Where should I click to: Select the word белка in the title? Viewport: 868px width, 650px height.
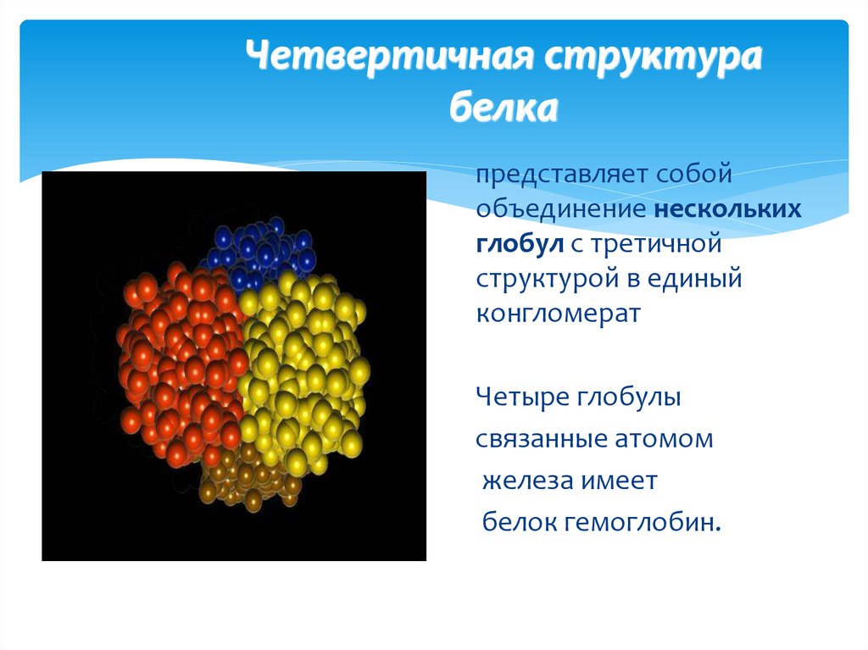tap(503, 108)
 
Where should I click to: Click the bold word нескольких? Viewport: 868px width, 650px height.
tap(726, 210)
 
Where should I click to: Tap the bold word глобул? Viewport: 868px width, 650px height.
tap(513, 244)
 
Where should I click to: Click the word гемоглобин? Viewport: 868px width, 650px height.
tap(641, 522)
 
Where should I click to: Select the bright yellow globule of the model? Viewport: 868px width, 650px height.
tap(305, 364)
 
